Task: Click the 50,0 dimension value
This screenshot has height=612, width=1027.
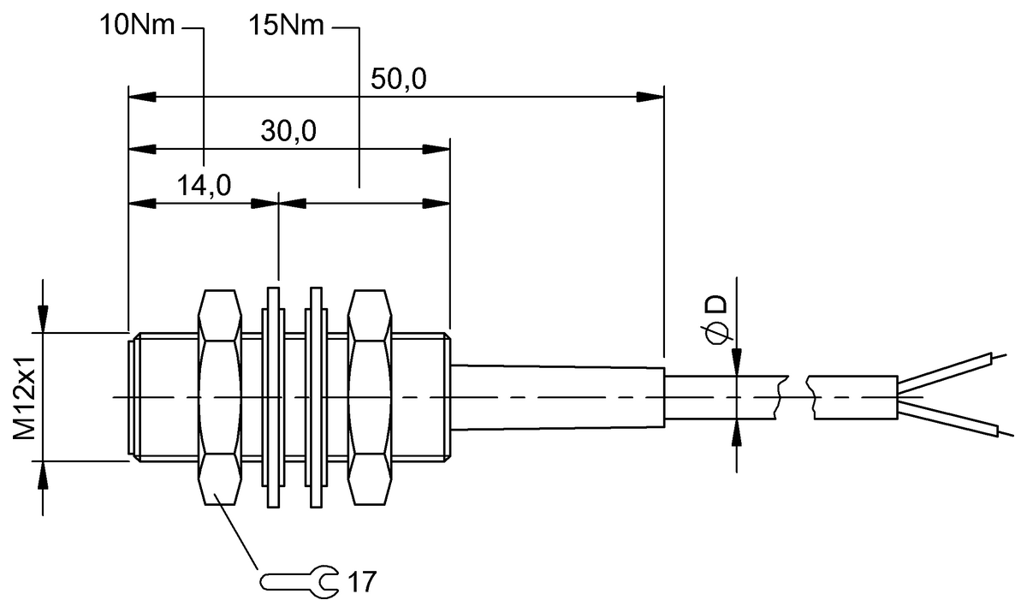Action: pyautogui.click(x=399, y=80)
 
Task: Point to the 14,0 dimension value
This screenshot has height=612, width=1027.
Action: pyautogui.click(x=203, y=186)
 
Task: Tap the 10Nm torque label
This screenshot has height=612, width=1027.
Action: pyautogui.click(x=137, y=26)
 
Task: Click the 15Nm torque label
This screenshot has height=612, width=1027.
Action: pyautogui.click(x=287, y=26)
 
